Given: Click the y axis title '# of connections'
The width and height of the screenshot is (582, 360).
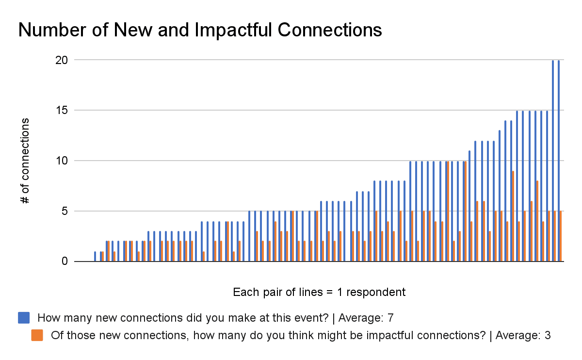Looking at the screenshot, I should [x=25, y=161].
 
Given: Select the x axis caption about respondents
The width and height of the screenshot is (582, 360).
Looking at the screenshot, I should [x=319, y=293].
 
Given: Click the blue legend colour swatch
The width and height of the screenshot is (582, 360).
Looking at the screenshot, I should [x=24, y=318].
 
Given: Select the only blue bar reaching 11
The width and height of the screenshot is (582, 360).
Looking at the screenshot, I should [x=469, y=206].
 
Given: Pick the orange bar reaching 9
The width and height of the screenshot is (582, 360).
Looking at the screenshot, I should [x=513, y=216].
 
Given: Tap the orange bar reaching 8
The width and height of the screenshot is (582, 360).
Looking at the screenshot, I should [x=537, y=221].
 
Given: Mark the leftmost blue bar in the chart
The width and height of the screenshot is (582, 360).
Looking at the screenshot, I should [x=95, y=257].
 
